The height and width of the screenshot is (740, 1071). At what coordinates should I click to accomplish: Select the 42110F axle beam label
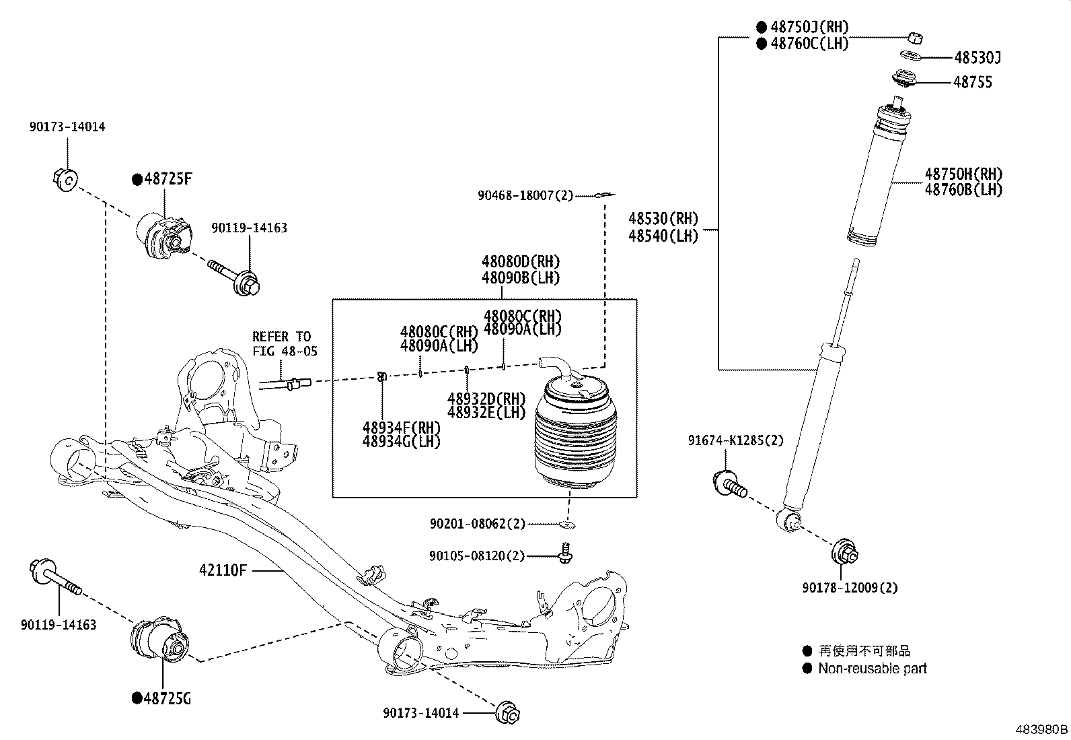point(223,570)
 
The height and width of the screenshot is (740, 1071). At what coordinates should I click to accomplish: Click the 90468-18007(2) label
point(525,196)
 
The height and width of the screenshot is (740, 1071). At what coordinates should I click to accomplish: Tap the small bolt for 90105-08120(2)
point(566,553)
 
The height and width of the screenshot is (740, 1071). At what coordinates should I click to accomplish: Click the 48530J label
point(976,59)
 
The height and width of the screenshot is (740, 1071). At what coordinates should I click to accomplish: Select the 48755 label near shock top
point(972,82)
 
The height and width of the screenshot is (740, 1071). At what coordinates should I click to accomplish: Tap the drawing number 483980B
point(1041,729)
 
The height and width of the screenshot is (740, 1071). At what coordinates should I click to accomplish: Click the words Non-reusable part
point(872,669)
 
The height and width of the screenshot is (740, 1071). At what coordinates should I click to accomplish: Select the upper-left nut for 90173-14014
point(65,179)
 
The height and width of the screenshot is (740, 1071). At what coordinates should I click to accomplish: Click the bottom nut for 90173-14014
point(508,712)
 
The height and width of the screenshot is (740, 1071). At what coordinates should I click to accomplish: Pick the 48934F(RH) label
point(401,428)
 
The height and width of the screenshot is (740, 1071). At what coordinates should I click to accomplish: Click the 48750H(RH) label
point(963,174)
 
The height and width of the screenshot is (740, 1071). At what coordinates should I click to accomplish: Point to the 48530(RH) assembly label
point(663,219)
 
